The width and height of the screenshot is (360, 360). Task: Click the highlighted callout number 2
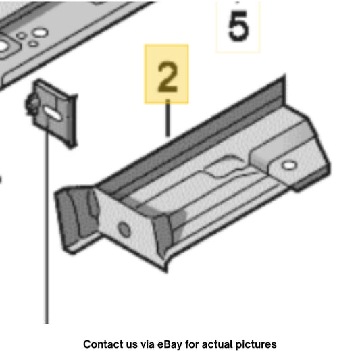tap(168, 77)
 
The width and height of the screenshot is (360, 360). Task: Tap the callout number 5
tap(238, 26)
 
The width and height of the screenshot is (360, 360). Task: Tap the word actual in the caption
tap(217, 344)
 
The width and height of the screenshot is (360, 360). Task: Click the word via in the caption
tap(147, 344)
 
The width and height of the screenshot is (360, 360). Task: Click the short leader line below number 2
tap(168, 118)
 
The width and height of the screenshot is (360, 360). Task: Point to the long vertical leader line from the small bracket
tap(47, 220)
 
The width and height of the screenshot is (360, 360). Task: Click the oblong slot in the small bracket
tap(53, 113)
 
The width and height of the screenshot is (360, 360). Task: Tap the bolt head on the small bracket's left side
tap(31, 105)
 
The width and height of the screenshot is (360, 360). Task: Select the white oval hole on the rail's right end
tap(289, 165)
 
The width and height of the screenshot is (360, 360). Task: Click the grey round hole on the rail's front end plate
tap(124, 230)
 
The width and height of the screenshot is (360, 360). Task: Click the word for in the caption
tap(192, 344)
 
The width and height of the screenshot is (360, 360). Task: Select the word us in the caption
tap(131, 345)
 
